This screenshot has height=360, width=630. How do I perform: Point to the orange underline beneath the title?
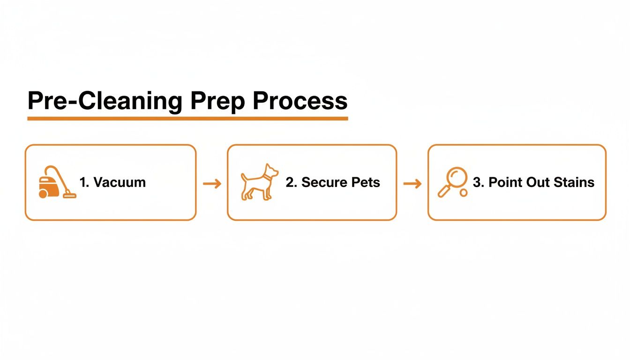tap(187, 119)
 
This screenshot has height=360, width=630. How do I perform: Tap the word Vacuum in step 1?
tap(120, 182)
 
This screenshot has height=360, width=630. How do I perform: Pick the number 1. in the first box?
tap(84, 182)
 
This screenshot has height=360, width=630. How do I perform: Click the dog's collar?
tap(267, 177)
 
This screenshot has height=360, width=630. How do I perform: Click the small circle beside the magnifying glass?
tap(464, 193)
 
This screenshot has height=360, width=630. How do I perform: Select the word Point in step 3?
tap(503, 182)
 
